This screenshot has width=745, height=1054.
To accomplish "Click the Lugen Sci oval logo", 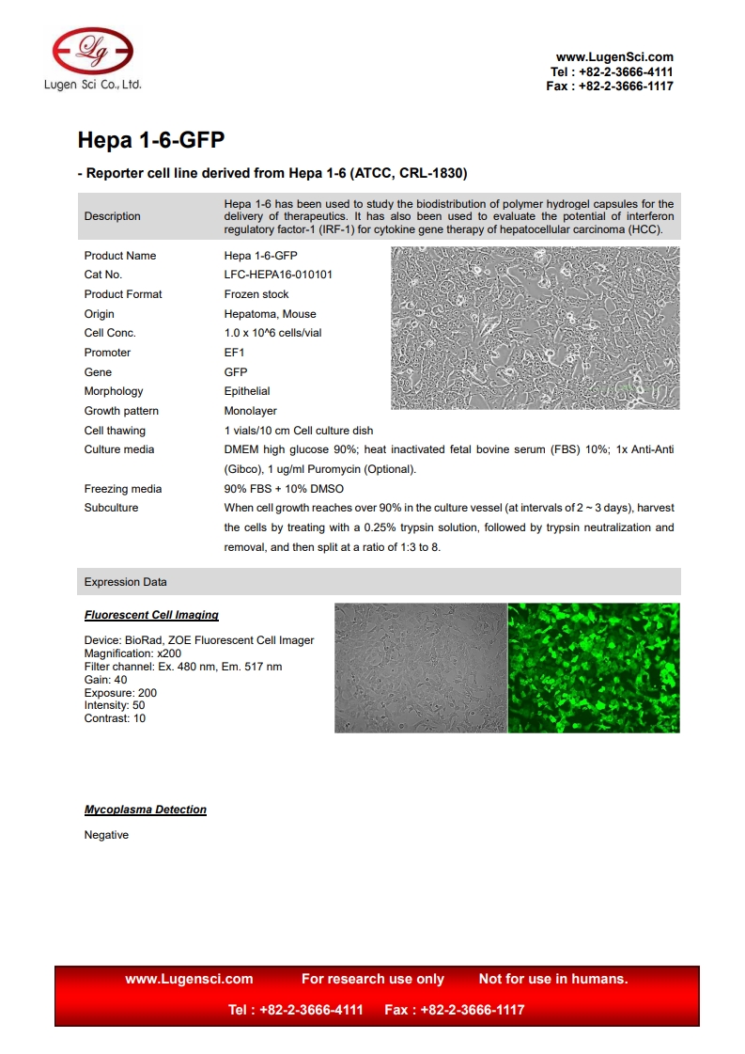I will (x=92, y=50).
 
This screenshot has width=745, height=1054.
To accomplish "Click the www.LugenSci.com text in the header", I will (x=614, y=57).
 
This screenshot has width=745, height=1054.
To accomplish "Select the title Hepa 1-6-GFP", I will (x=150, y=141).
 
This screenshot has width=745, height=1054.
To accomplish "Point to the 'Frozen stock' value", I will (x=256, y=294).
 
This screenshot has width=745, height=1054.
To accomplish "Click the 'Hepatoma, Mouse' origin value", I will (x=270, y=314).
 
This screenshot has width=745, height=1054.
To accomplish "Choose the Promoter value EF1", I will (x=234, y=353).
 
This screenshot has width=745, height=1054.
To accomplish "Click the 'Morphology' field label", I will (x=114, y=391).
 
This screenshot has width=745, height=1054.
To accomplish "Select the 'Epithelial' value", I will (x=247, y=391).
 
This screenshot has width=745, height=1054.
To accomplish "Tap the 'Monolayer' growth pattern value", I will (x=251, y=411).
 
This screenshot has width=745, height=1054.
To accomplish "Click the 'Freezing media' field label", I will (x=123, y=489).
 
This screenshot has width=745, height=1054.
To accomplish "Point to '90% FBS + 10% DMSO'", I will (x=284, y=489).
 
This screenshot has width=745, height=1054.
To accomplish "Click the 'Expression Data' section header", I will (x=126, y=582).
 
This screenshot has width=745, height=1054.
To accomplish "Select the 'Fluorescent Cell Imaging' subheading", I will (x=151, y=615).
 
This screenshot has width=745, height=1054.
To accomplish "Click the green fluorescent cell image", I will (x=594, y=668).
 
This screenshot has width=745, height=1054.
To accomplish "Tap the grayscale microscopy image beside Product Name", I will (x=535, y=327).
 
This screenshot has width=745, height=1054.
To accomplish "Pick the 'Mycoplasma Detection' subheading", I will (x=146, y=810).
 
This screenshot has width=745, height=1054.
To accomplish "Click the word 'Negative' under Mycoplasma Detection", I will (x=106, y=835).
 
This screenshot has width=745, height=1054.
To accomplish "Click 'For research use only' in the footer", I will (x=373, y=979).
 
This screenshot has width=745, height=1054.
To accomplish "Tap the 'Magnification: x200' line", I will (x=132, y=653).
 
